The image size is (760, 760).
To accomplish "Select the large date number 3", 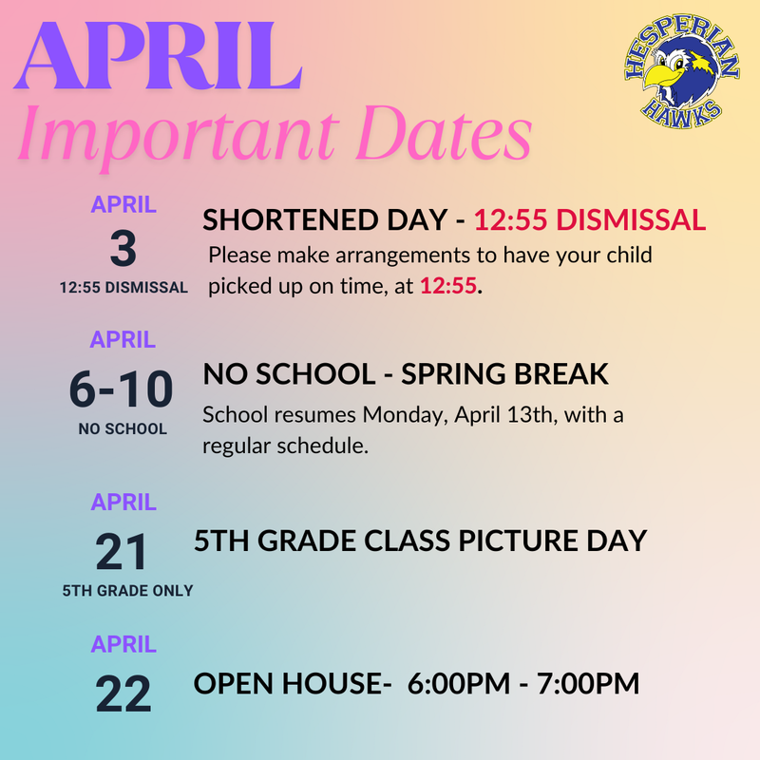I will [123, 250].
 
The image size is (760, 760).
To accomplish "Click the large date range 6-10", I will [122, 389].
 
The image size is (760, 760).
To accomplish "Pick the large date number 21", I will [123, 553].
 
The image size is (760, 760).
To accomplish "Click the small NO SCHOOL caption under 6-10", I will [123, 428].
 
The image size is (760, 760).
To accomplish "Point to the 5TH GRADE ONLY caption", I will [127, 590].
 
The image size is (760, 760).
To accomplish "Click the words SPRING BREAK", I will [504, 373].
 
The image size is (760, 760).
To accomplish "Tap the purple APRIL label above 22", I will [123, 645].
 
